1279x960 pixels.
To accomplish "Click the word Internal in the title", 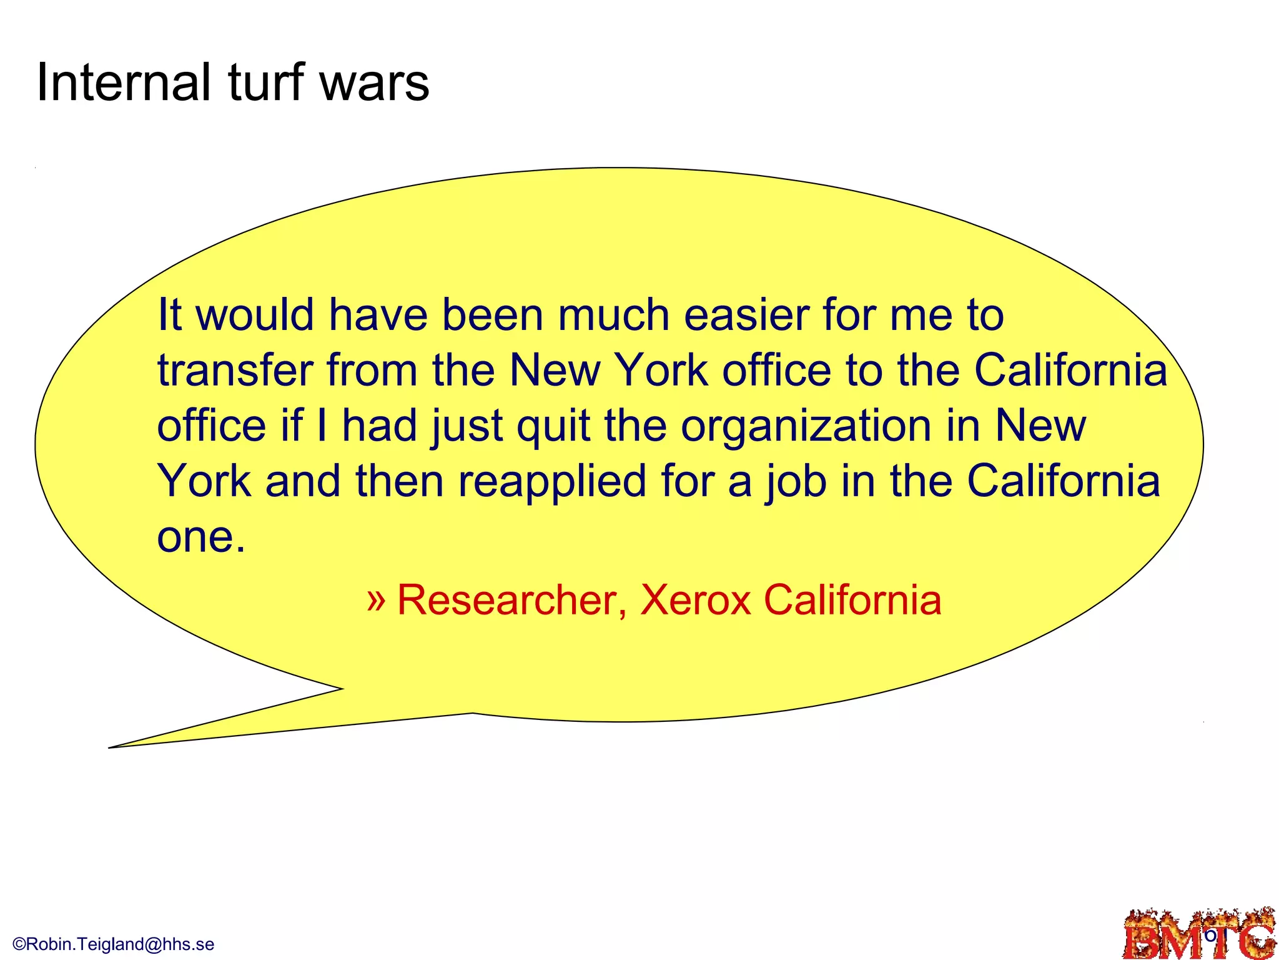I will click(x=123, y=82).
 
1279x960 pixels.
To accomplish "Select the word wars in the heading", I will click(x=374, y=84).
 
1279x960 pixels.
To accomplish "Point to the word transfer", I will click(x=235, y=370).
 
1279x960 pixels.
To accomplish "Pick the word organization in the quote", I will click(x=806, y=426).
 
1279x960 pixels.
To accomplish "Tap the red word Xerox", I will click(x=695, y=600).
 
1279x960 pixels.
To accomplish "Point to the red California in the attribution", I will click(x=852, y=600).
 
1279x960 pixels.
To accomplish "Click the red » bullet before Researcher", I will click(x=377, y=600).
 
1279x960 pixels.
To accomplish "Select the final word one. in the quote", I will click(x=201, y=536).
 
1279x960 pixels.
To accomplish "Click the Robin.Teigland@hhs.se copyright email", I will click(x=114, y=944).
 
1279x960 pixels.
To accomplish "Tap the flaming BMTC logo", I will click(x=1199, y=935).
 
